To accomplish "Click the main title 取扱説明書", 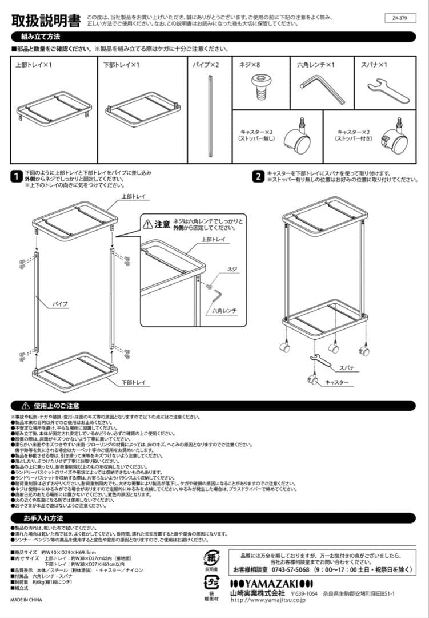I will click(46, 21).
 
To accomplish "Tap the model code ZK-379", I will click(403, 18).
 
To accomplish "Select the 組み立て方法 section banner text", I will click(41, 37).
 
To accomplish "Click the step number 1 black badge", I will click(17, 177).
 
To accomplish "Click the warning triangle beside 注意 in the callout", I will click(148, 224).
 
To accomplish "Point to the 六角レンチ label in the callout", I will click(224, 310).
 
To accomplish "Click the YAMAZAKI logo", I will click(269, 583).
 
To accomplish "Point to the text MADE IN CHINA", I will click(26, 600).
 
